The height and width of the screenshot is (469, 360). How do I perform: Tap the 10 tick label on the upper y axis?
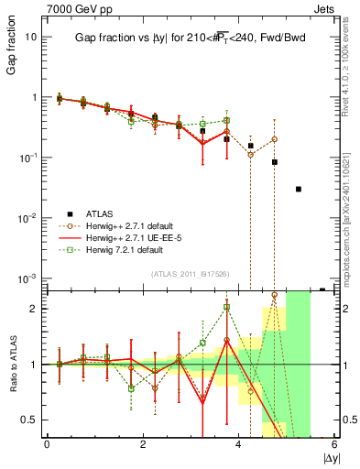coord(30,37)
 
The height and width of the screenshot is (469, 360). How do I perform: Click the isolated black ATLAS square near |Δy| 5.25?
coord(298,189)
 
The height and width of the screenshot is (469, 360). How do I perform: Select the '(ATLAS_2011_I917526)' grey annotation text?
coord(190,274)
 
